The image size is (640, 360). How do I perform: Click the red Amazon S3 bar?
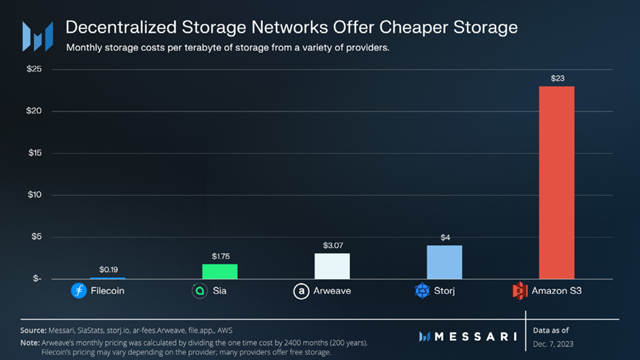click(x=556, y=182)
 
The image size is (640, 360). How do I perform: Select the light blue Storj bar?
click(x=445, y=262)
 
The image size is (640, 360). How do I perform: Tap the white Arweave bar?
click(x=332, y=266)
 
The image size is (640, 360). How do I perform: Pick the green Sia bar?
click(x=220, y=272)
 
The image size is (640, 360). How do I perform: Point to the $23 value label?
click(x=558, y=78)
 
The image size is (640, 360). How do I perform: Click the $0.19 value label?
click(x=108, y=269)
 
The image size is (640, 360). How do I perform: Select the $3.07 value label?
click(x=333, y=245)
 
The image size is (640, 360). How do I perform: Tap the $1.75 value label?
click(x=221, y=257)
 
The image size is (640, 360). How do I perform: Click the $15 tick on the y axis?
click(x=35, y=152)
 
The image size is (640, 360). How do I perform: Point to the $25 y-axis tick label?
click(x=34, y=69)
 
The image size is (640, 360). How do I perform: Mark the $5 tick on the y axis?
click(x=36, y=236)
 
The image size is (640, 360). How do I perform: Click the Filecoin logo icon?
click(x=79, y=291)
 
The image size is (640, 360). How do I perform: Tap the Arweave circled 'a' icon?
click(x=301, y=291)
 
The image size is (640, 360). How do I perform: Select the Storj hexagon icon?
click(x=422, y=291)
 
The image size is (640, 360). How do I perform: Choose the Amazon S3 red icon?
click(x=519, y=291)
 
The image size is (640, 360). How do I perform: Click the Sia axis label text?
click(x=220, y=291)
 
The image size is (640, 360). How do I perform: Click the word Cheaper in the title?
click(x=414, y=27)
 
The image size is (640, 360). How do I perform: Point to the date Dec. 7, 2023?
click(x=553, y=344)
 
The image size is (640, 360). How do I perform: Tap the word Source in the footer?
click(x=33, y=330)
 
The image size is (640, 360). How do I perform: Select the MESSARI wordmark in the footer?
click(x=475, y=336)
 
